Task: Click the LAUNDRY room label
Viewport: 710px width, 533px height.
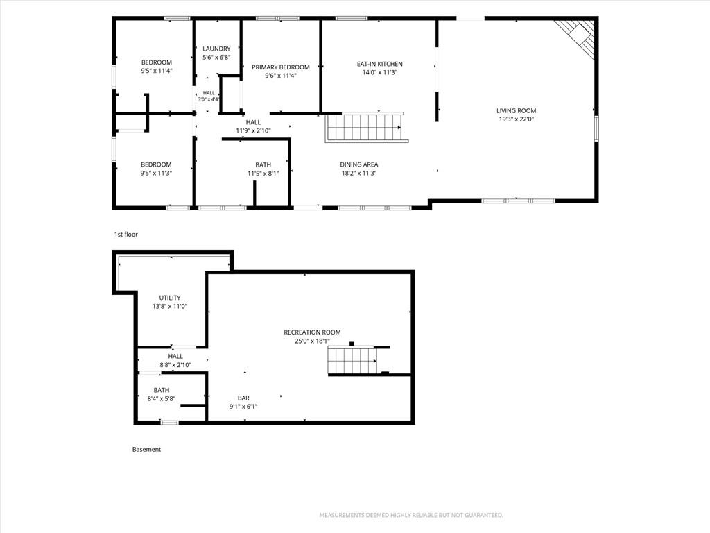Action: click(x=216, y=49)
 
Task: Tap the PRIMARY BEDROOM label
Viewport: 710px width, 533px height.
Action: click(x=281, y=67)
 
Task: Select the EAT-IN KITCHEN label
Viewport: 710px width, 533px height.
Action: click(x=379, y=64)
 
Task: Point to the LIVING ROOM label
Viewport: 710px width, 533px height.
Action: click(x=516, y=110)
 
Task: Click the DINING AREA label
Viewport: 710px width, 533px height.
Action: click(x=359, y=164)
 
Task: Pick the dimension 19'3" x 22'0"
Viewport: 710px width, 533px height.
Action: click(x=516, y=119)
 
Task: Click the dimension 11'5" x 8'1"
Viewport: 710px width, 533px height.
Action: click(x=263, y=173)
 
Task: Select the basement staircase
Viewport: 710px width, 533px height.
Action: click(x=353, y=360)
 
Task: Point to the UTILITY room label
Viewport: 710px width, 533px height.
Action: click(x=170, y=298)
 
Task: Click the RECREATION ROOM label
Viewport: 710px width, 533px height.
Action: click(x=312, y=332)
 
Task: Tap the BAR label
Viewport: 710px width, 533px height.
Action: click(x=243, y=398)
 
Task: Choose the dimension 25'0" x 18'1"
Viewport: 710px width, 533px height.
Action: click(x=312, y=341)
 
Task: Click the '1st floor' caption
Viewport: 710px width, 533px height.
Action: click(x=126, y=235)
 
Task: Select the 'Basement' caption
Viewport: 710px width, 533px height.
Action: click(x=146, y=449)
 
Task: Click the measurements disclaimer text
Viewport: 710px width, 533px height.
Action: click(x=411, y=515)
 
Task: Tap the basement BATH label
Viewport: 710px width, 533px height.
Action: click(x=161, y=390)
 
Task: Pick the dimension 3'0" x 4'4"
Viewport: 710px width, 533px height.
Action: click(x=208, y=99)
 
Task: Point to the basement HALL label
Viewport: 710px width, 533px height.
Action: click(x=175, y=356)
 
